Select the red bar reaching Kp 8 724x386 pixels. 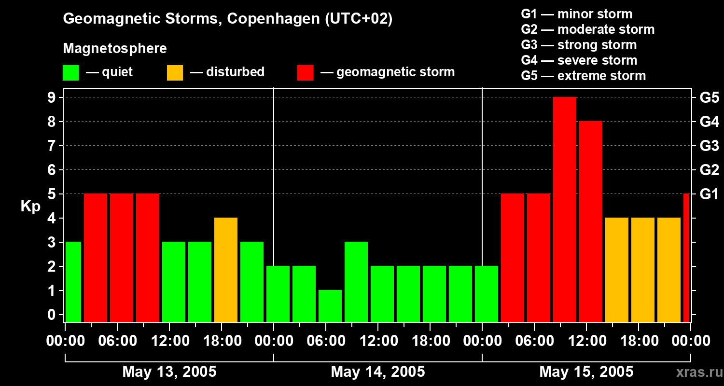tap(591, 222)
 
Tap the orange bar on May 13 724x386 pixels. tap(226, 270)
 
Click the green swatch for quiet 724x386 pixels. tap(70, 72)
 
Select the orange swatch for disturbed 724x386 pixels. tap(175, 72)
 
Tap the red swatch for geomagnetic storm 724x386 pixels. tap(305, 72)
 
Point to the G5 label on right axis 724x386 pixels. tap(709, 98)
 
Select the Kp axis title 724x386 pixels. tap(30, 207)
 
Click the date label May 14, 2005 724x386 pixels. tap(378, 372)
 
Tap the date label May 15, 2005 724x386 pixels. tap(586, 372)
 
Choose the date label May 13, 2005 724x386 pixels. tap(169, 372)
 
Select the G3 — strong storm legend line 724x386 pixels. tap(579, 45)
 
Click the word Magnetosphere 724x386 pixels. tap(115, 49)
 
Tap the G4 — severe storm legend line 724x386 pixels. tap(579, 60)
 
